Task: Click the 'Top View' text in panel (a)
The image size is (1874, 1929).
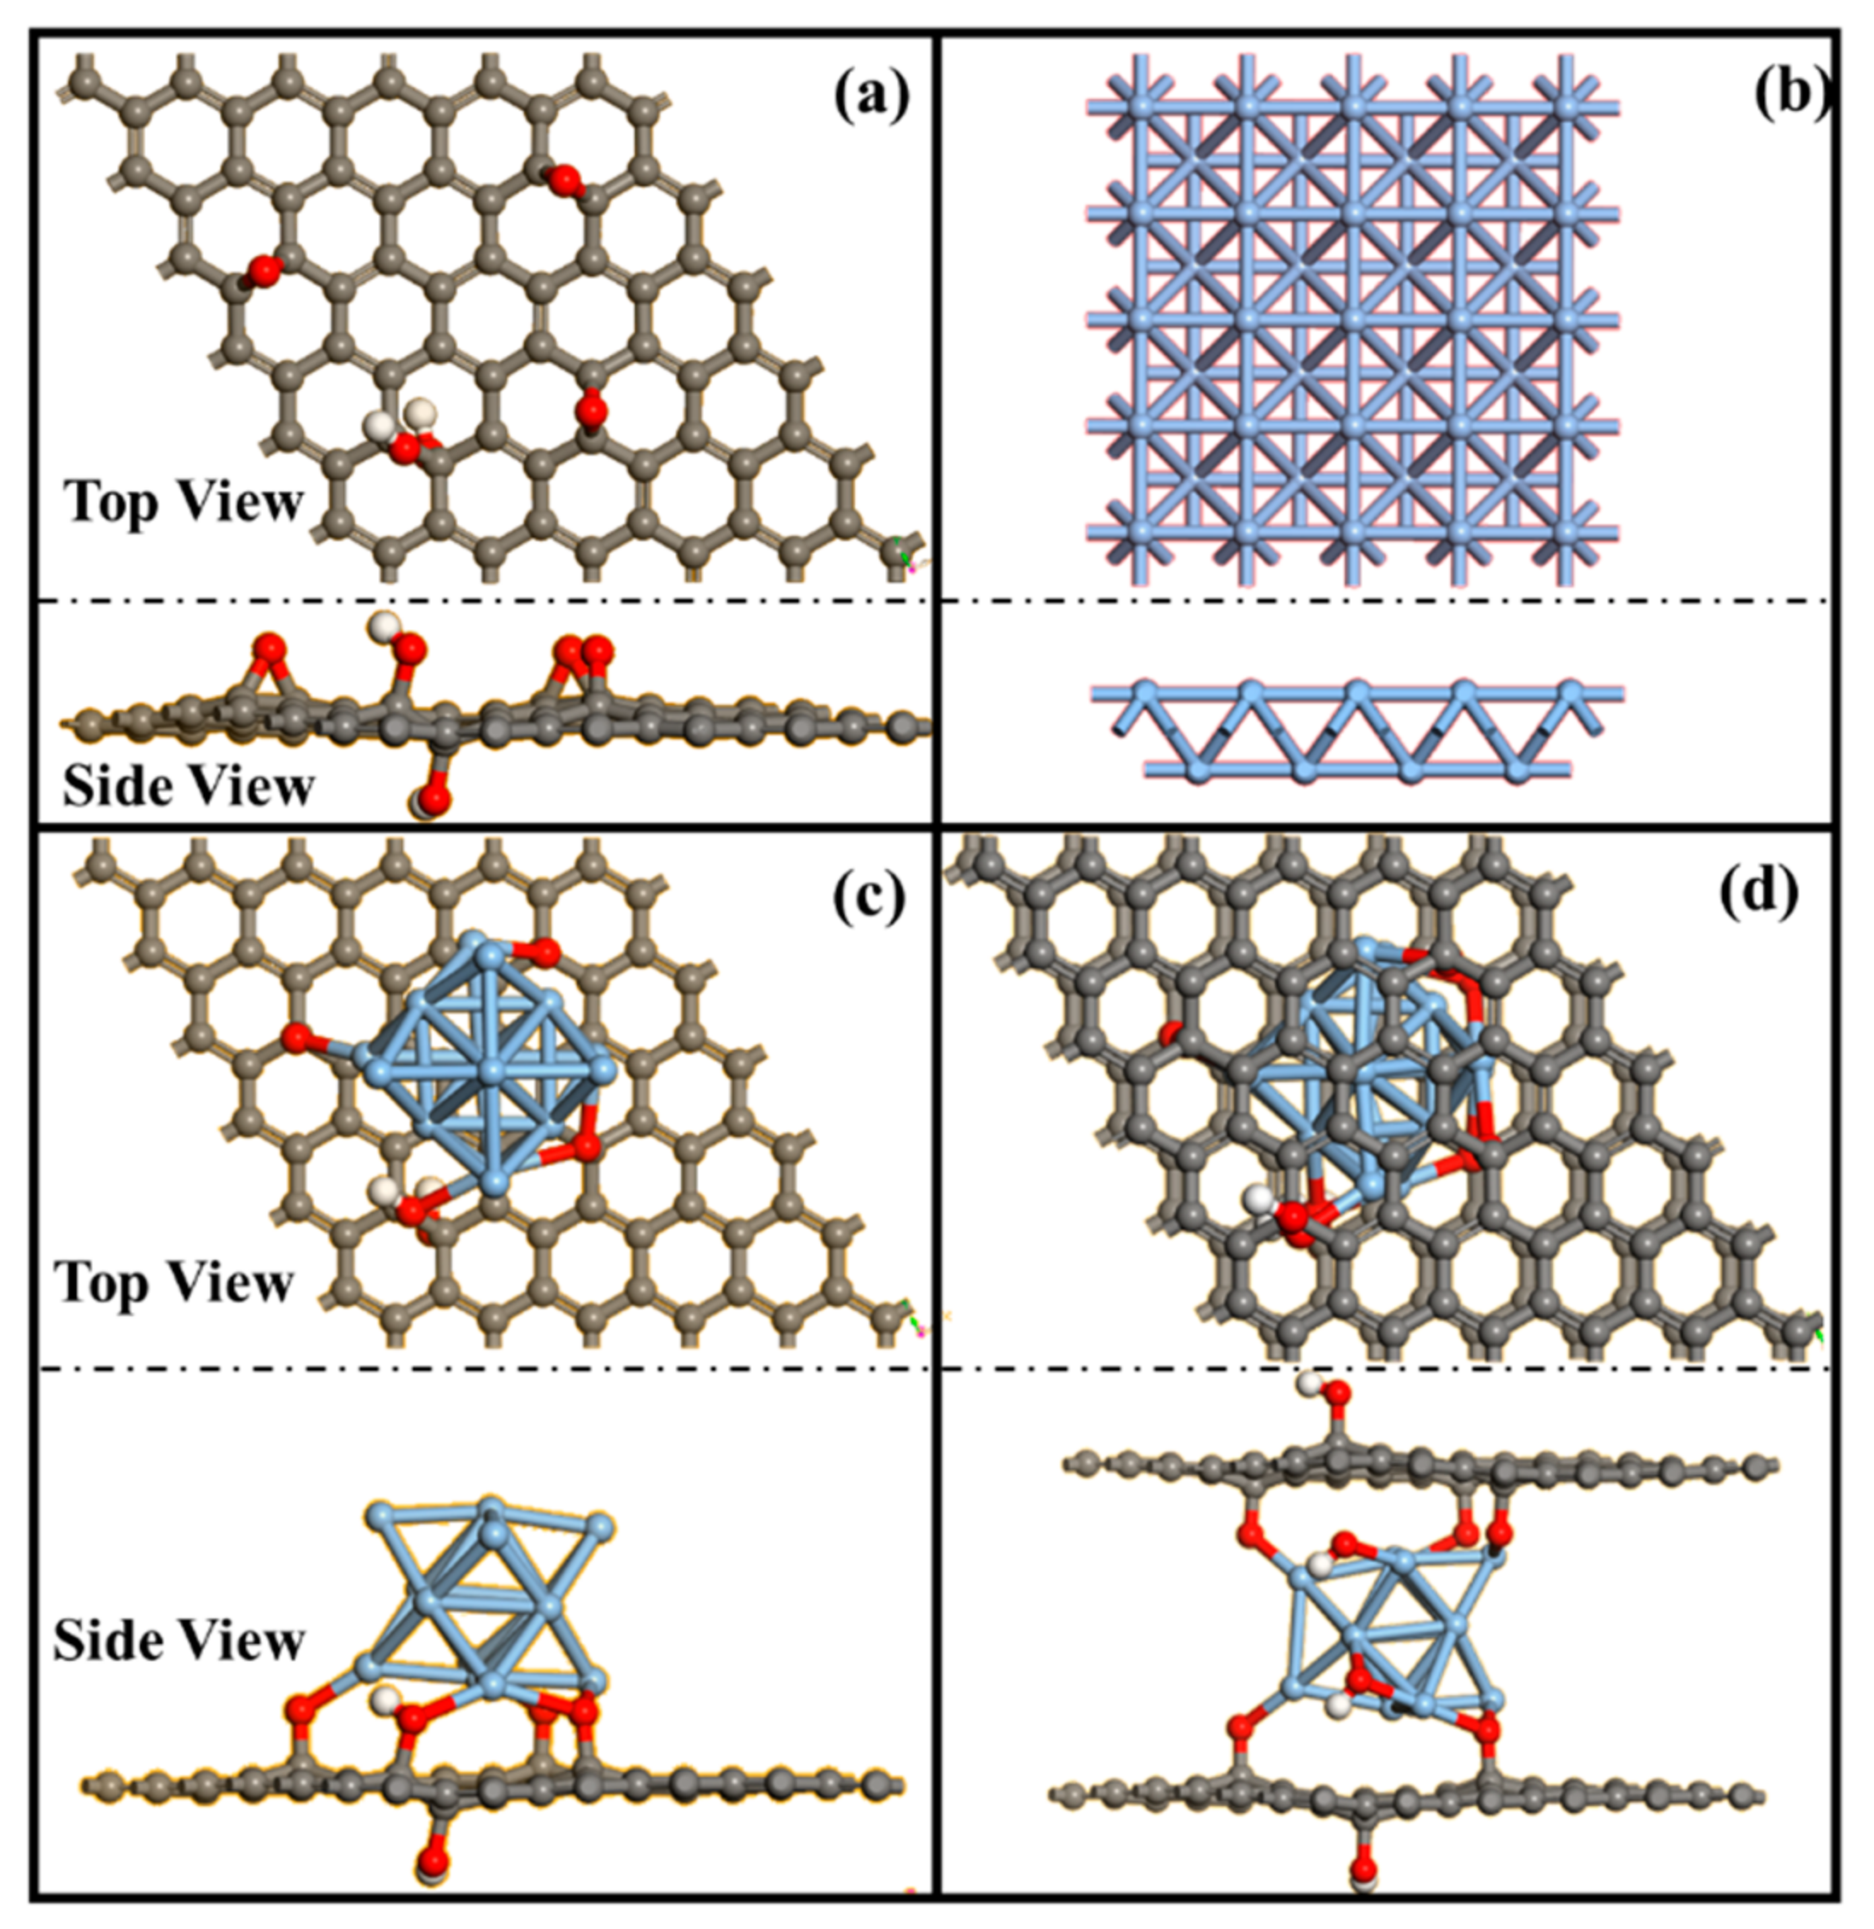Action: tap(184, 502)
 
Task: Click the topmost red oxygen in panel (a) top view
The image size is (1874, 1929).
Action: tap(565, 180)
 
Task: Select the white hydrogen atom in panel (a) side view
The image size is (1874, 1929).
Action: tap(383, 624)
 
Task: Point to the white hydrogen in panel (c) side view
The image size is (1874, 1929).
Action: tap(386, 1697)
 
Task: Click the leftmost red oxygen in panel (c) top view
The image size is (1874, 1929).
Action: tap(295, 1037)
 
